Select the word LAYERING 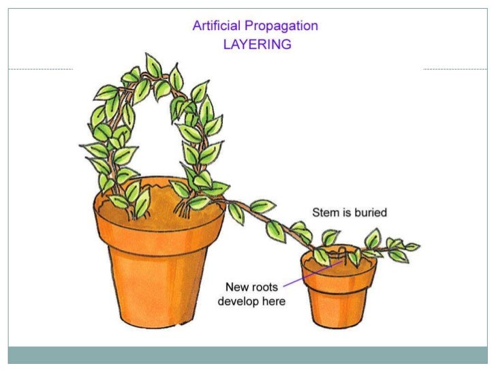coord(257,44)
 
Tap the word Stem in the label coord(325,213)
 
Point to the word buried coord(370,213)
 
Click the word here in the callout coord(272,301)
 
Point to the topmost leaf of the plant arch coord(154,65)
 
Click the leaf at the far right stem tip coord(412,247)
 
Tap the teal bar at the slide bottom coord(247,355)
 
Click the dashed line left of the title coord(40,69)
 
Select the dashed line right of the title coord(454,69)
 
